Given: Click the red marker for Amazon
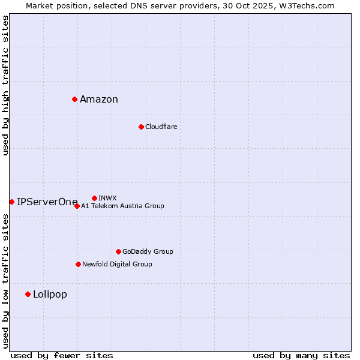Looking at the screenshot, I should coord(74,99).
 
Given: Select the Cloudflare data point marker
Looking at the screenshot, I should coord(141,127).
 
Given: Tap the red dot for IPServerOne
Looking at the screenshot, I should coord(11,202).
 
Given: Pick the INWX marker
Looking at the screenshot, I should coord(94,198).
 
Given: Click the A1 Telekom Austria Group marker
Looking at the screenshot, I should coord(77,206).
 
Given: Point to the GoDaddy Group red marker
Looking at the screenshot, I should coord(118,251).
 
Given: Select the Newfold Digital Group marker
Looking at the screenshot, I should coord(78,264).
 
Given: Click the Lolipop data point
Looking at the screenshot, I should coord(28,294).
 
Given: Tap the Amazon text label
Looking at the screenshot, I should coord(99,100).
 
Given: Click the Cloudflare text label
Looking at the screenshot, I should coord(161,127).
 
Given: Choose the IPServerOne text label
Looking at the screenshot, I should coord(47,202).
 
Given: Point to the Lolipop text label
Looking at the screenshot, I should coord(50,294).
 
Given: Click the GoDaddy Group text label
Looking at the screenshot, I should coord(148,251).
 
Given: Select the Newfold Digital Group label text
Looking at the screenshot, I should coord(117,264).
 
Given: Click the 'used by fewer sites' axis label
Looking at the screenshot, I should coord(62,355).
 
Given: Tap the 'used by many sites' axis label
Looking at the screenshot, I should coord(301,355).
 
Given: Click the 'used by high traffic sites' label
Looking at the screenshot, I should coord(5,85).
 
